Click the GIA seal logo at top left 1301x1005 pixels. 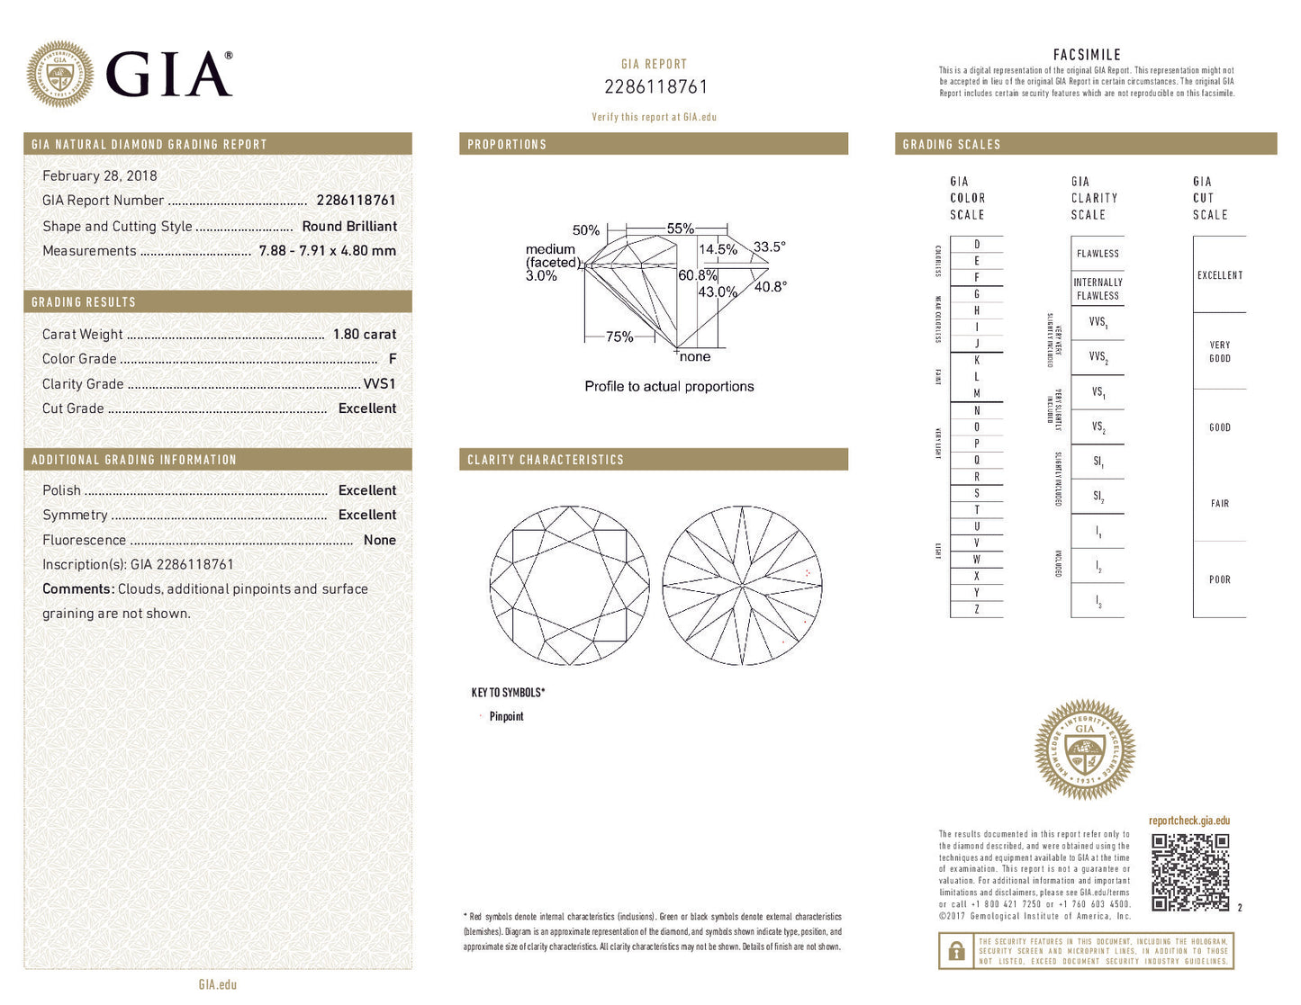60,74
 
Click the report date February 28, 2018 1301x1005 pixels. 100,176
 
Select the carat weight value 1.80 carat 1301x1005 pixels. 364,334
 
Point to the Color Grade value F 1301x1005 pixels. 392,359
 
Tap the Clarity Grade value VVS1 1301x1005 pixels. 379,383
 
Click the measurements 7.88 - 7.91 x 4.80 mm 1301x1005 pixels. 327,251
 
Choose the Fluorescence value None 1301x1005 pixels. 379,540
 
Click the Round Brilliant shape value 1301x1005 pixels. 349,227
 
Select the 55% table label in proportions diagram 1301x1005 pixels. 680,229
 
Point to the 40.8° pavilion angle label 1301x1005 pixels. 770,287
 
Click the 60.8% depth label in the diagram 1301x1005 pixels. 697,275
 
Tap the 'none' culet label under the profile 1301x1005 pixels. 695,357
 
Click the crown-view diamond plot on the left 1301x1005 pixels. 569,586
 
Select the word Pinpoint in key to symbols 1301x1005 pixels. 506,717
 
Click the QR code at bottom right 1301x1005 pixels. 1190,872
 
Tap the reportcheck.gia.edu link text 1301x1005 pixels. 1188,821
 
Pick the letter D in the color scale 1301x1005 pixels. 977,245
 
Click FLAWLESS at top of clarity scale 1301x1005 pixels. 1098,254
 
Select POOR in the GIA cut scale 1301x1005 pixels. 1219,580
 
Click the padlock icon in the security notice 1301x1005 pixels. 956,951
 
